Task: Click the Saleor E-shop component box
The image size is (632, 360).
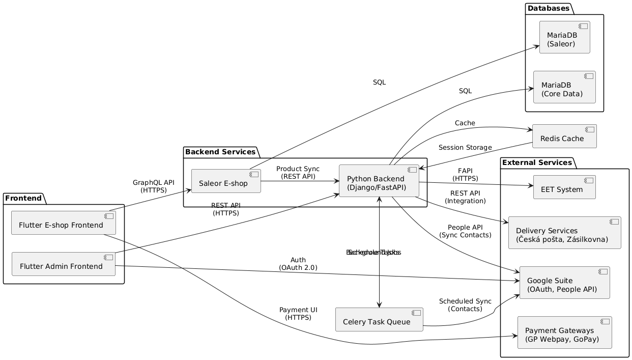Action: coord(226,181)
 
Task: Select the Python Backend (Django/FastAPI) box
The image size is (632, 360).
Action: coord(379,181)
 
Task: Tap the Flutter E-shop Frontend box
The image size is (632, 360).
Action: coord(64,223)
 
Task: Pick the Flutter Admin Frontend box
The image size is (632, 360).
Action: coord(64,264)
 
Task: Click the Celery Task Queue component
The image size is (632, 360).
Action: coord(379,319)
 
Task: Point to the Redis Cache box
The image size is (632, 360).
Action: coord(564,136)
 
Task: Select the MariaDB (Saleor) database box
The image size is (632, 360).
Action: coord(564,37)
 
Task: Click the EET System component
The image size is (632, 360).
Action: coord(564,187)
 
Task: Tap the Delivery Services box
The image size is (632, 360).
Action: coord(564,233)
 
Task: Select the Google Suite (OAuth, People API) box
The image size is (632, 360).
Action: coord(564,283)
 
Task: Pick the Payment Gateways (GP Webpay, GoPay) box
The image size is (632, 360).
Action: coord(564,333)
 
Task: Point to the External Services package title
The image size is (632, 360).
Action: coord(537,162)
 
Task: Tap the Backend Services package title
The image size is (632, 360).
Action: coord(220,152)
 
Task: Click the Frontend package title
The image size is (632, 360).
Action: coord(24,197)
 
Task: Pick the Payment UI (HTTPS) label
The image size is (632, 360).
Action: coord(298,314)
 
